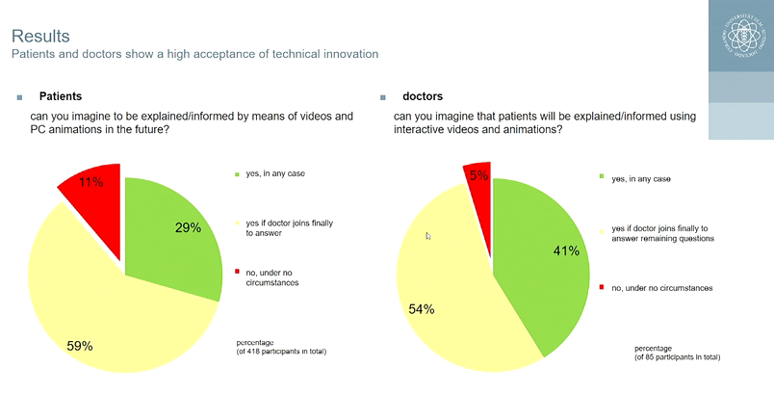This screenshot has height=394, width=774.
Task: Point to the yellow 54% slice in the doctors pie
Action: tap(443, 289)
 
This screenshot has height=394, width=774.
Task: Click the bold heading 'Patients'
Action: tap(60, 97)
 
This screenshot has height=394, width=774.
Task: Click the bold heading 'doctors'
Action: tap(423, 97)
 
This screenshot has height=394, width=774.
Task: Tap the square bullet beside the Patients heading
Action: tap(18, 98)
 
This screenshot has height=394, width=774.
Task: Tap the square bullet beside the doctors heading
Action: tap(382, 98)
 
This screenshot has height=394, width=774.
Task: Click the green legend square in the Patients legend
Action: tap(237, 173)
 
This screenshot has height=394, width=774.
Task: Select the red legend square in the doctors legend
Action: tap(602, 287)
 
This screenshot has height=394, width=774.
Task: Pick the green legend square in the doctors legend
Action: tap(602, 177)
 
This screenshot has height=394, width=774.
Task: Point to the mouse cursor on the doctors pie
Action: tap(428, 235)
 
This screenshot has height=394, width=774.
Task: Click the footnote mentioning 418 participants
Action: tap(281, 347)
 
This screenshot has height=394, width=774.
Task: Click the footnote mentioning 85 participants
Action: tap(677, 353)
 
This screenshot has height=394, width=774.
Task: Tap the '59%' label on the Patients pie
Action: tap(79, 345)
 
